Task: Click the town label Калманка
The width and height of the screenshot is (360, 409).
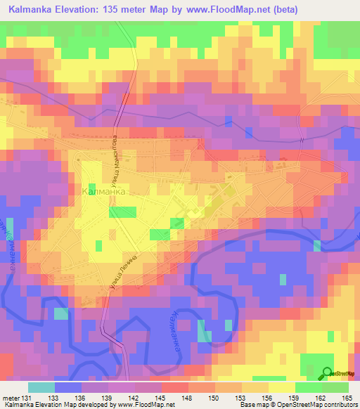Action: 104,190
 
